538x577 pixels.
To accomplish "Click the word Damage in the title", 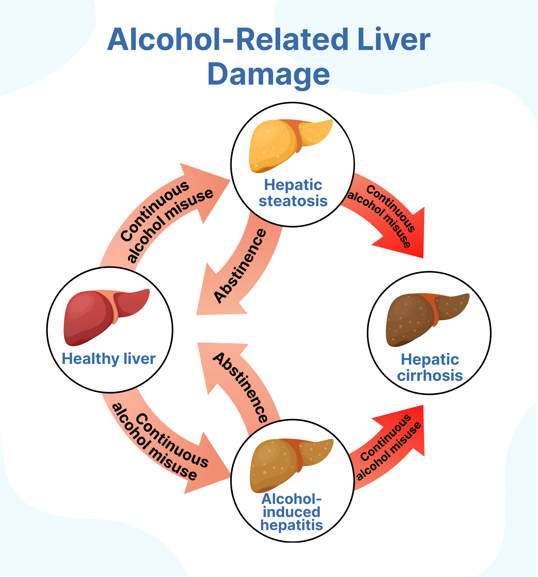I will [x=268, y=74].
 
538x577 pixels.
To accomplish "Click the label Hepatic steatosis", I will [x=293, y=193].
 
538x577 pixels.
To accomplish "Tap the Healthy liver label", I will [x=109, y=359].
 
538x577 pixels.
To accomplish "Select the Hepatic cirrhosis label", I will [x=430, y=367].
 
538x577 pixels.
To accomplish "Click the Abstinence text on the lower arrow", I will [x=241, y=387].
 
